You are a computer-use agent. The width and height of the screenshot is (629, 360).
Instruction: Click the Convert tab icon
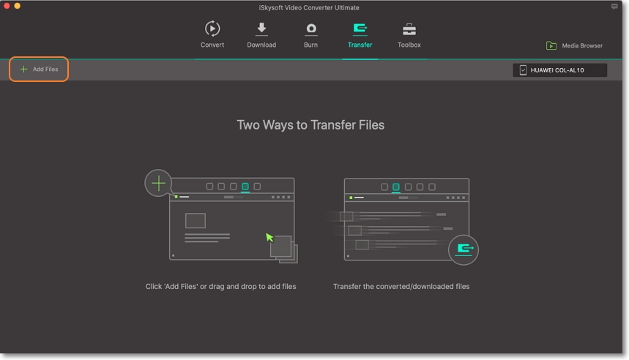point(212,29)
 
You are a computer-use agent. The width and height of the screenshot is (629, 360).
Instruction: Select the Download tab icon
point(261,29)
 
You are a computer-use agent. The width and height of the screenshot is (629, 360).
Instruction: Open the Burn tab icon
point(311,29)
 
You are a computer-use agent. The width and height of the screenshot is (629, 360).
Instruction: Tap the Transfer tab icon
point(360,29)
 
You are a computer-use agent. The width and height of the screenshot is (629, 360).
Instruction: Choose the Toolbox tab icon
point(409,29)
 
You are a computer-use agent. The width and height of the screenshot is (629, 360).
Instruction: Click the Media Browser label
point(582,46)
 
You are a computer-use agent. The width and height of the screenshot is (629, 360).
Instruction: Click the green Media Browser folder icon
point(551,46)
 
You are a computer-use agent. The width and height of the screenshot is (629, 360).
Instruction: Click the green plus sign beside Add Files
point(23,70)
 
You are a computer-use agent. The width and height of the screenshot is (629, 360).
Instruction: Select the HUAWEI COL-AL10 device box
point(559,70)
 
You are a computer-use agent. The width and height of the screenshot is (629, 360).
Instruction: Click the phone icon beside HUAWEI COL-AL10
point(523,70)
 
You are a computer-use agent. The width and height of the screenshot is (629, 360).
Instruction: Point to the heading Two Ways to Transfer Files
point(310,125)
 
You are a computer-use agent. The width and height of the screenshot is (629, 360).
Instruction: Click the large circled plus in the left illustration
point(158,182)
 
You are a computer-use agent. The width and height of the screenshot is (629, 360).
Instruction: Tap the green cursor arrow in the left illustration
point(269,237)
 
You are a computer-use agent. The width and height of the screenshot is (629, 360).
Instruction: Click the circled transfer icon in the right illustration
point(464,249)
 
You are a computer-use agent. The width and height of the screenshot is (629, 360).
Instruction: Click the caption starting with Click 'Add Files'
point(220,287)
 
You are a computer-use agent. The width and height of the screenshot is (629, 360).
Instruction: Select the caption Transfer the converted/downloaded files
point(401,287)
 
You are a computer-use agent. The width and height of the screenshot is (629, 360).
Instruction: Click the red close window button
point(7,6)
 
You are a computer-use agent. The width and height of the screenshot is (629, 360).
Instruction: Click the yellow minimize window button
point(17,6)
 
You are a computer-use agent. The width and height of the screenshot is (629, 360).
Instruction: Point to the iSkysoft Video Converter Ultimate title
point(314,7)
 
